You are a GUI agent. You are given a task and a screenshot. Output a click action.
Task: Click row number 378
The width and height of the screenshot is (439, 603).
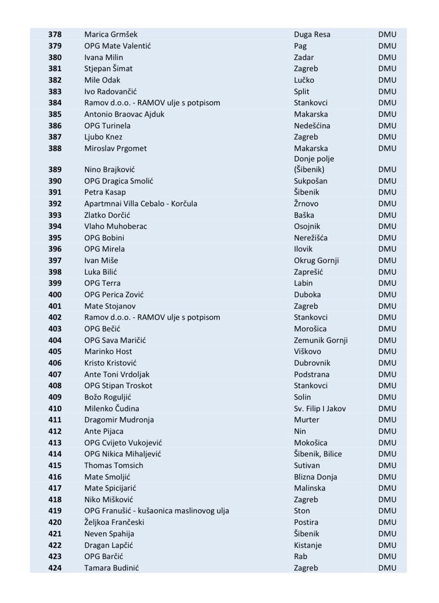[x=55, y=35]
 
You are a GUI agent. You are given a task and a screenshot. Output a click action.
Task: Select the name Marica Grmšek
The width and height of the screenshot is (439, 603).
[x=111, y=35]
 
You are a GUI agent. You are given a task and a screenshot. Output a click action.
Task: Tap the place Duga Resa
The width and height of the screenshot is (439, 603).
[x=312, y=35]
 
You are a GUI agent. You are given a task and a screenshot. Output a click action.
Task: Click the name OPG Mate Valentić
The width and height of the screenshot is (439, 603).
[x=117, y=46]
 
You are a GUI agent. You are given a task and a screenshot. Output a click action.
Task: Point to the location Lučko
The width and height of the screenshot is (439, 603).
[x=304, y=80]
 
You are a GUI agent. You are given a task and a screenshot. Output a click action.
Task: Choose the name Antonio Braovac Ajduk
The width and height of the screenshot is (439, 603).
[x=124, y=114]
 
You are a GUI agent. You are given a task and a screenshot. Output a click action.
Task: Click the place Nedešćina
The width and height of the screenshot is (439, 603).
[x=312, y=126]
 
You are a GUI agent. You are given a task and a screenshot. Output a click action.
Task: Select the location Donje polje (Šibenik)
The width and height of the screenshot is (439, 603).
[x=314, y=164]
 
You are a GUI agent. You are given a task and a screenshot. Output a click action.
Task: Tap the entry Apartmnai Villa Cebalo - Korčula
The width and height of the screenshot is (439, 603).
[x=140, y=204]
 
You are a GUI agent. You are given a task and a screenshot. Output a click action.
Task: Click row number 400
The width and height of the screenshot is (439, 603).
[x=55, y=295]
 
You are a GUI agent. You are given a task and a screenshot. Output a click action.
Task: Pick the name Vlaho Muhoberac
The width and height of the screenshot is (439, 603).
[x=116, y=226]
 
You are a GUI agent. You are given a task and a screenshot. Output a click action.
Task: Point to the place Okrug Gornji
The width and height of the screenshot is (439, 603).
[x=316, y=261]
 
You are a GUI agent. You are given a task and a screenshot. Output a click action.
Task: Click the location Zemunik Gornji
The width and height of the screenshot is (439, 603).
[x=320, y=340]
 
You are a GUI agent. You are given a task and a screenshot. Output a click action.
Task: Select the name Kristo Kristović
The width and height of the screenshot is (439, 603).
[x=110, y=363]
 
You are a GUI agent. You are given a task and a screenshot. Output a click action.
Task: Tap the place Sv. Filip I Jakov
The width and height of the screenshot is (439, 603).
[x=320, y=409]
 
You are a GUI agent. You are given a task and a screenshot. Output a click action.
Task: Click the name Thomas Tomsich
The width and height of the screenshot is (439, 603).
[x=114, y=466]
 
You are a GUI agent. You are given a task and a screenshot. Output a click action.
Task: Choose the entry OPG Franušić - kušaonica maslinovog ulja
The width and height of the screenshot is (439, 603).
[x=157, y=511]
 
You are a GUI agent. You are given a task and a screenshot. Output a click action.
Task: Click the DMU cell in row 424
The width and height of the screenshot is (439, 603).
[x=387, y=568]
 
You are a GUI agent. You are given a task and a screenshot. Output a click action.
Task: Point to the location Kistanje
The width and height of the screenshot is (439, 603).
[x=308, y=545]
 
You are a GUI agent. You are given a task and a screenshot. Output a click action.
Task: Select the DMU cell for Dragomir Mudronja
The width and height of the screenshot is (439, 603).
[x=387, y=420]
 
